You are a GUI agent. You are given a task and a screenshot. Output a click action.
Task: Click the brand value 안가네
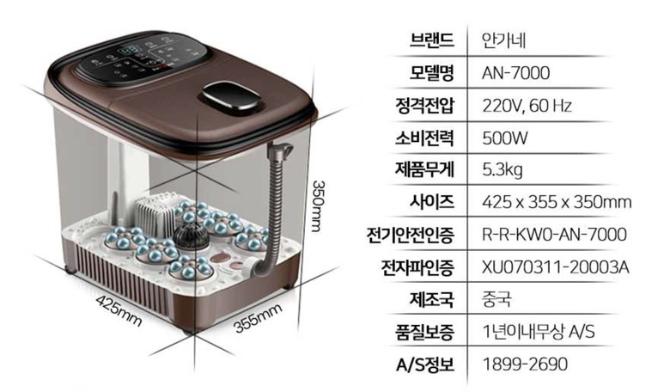(x=503, y=40)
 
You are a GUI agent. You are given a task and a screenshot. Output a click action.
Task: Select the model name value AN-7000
(x=515, y=73)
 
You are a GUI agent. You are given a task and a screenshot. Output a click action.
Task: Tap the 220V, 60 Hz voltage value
(x=527, y=106)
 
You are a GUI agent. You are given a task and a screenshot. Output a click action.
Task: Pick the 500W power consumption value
(x=505, y=138)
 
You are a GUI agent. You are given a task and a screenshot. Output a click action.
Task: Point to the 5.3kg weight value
(x=502, y=170)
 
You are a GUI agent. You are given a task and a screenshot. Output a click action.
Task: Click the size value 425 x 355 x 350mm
(x=557, y=202)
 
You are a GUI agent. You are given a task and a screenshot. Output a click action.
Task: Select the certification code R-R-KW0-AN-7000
(x=555, y=235)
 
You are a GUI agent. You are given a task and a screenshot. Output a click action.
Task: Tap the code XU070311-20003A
(x=556, y=267)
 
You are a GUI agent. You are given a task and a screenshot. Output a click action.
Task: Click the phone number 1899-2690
(x=525, y=364)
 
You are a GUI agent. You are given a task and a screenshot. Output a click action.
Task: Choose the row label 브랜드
(x=431, y=40)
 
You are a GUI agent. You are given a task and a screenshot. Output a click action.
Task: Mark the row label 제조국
(x=431, y=299)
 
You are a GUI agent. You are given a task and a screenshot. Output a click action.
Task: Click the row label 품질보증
(x=424, y=332)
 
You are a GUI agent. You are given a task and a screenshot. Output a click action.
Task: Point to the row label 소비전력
(x=424, y=138)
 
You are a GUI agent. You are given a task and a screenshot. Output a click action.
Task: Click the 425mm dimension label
(x=119, y=310)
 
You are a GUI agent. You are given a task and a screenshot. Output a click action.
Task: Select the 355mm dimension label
(x=258, y=318)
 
